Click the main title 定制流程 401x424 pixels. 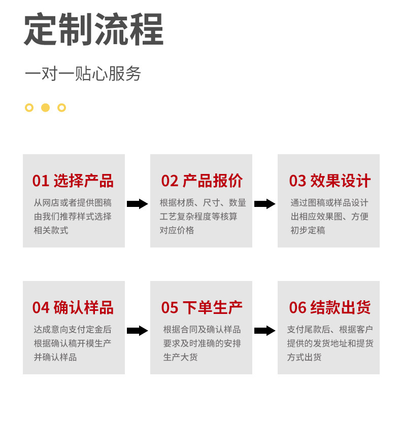point(94,29)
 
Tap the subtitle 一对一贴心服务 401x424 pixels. point(83,74)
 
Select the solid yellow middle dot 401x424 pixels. point(46,108)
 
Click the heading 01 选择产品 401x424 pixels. point(73,181)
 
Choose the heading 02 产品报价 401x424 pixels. point(202,181)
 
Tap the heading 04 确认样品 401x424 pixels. point(73,307)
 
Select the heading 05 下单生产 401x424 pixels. point(202,307)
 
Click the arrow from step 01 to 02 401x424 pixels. point(137,204)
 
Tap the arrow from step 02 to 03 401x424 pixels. point(264,204)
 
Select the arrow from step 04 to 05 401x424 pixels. point(137,331)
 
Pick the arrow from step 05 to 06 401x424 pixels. point(264,331)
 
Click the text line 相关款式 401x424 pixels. point(51,230)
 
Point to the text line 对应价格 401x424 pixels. point(177,230)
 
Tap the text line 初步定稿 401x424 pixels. point(308,230)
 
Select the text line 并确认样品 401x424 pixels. point(55,357)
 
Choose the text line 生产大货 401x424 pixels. point(180,357)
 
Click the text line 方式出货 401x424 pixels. point(304,357)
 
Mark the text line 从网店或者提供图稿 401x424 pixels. point(73,203)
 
